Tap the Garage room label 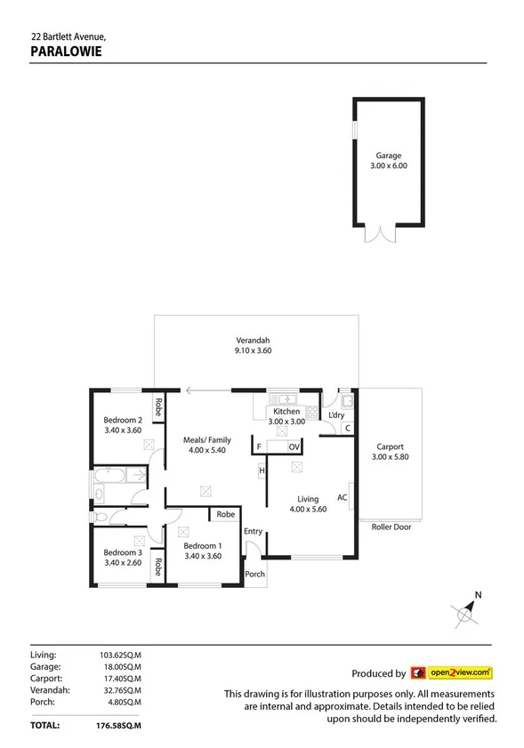click(x=387, y=155)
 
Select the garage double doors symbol click(x=380, y=234)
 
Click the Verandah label click(x=253, y=341)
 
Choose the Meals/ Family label click(x=206, y=439)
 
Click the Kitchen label click(x=286, y=412)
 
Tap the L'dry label click(x=336, y=415)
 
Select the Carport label click(x=390, y=447)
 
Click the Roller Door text click(x=390, y=527)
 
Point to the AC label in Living click(x=342, y=497)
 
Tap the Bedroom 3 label click(x=123, y=551)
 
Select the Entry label click(x=253, y=531)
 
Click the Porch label click(x=254, y=574)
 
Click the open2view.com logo click(x=451, y=673)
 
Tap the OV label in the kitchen click(x=294, y=446)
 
